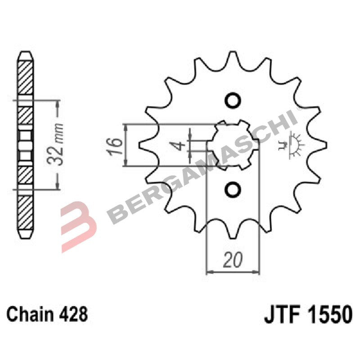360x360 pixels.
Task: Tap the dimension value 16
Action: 116,144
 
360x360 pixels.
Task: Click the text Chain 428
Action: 47,314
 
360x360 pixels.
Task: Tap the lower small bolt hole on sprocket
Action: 233,190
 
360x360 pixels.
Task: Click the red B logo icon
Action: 80,220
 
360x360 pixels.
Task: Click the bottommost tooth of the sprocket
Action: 233,232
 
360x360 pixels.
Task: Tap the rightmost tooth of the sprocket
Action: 320,145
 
